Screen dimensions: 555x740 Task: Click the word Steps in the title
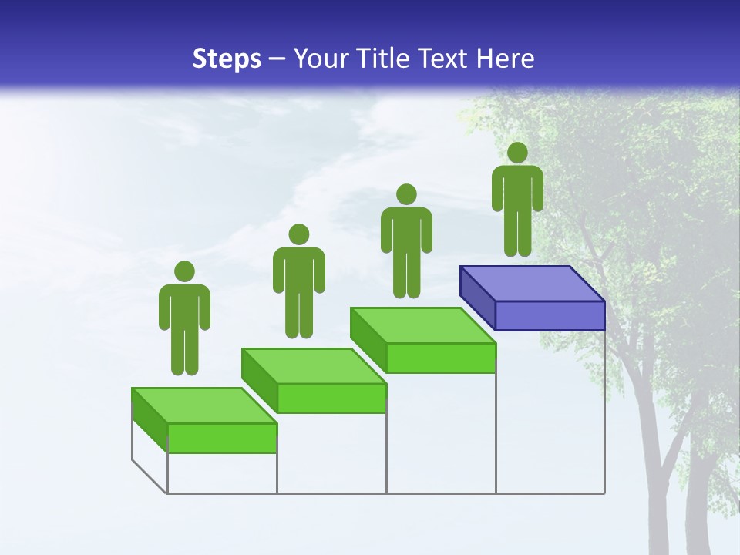click(x=227, y=59)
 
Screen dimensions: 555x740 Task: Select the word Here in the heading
click(x=506, y=59)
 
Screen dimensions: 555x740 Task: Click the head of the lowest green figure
click(x=184, y=271)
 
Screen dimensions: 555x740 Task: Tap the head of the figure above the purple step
click(x=517, y=153)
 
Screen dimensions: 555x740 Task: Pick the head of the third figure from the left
click(x=406, y=194)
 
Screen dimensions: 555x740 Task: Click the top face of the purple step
click(x=532, y=284)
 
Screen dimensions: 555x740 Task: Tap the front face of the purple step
click(x=550, y=315)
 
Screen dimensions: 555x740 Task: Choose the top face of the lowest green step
click(x=204, y=405)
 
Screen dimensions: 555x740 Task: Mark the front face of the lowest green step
click(x=222, y=438)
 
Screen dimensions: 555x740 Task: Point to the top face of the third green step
click(x=422, y=325)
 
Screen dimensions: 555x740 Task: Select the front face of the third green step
click(x=440, y=358)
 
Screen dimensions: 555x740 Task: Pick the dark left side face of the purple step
click(x=477, y=298)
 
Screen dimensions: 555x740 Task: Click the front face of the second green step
click(x=331, y=398)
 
